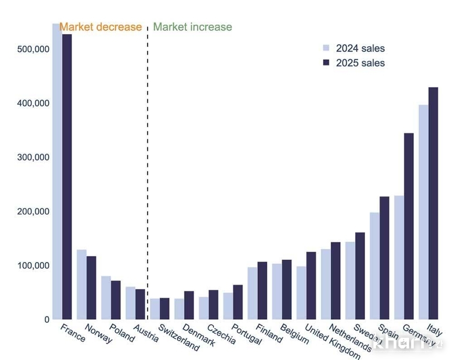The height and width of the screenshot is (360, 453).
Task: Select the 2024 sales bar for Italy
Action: (423, 212)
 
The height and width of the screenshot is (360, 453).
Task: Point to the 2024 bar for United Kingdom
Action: (301, 293)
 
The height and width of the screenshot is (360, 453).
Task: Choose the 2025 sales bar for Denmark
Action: (189, 305)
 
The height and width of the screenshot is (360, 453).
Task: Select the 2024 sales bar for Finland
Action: (252, 293)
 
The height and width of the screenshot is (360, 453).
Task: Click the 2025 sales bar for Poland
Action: (116, 300)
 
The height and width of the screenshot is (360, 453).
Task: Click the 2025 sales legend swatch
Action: (326, 63)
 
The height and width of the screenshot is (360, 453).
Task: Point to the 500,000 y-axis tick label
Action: (32, 49)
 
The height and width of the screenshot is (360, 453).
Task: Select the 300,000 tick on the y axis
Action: (32, 157)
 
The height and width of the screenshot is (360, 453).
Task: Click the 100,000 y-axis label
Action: (32, 266)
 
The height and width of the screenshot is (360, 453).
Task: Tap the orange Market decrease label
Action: (101, 27)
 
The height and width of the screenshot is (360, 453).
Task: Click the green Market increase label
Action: (192, 27)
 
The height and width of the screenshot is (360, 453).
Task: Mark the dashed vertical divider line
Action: (148, 157)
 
